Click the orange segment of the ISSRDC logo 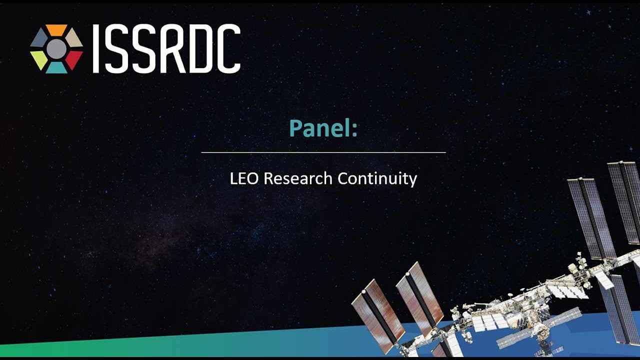pos(56,29)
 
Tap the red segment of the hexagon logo pos(74,59)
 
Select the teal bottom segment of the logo pos(56,67)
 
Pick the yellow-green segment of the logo pos(39,59)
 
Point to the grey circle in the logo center pos(56,49)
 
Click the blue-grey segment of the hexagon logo pos(39,38)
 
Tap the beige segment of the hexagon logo pos(74,38)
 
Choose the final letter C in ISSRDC pos(229,48)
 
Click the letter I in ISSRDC pos(96,48)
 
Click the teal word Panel pos(319,128)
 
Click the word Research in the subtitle pos(297,178)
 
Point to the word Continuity pos(377,179)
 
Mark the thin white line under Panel pos(323,152)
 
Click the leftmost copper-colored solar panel pos(378,315)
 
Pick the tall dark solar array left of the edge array pos(591,218)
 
